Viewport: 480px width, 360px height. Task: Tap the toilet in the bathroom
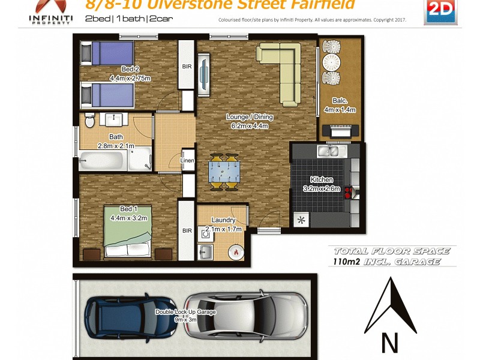point(89,122)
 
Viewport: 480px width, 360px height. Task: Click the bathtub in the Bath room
point(105,161)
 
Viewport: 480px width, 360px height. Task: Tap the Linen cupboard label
point(187,160)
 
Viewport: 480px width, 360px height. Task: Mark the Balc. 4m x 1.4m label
point(340,105)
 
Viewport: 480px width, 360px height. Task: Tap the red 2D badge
point(438,11)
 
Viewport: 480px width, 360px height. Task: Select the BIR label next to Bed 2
point(187,67)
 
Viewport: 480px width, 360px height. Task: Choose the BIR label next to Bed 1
point(187,230)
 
